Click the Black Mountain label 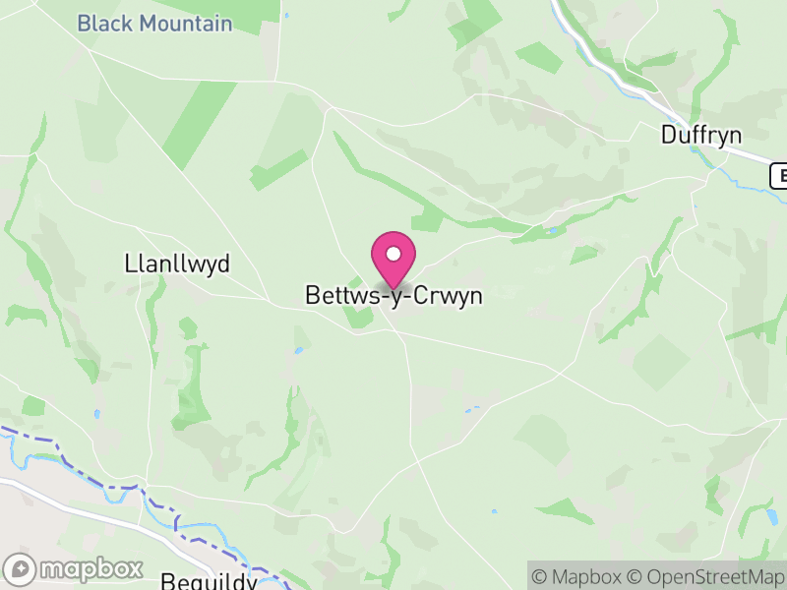[x=154, y=23]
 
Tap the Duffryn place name [x=701, y=135]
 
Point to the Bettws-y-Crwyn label [x=393, y=296]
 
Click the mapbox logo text [x=91, y=569]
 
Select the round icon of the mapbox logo [x=21, y=569]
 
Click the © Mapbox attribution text [x=579, y=576]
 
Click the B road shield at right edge [x=779, y=175]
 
